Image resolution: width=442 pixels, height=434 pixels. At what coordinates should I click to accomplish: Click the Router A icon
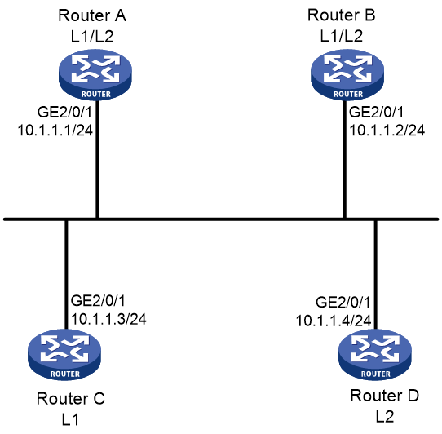95,75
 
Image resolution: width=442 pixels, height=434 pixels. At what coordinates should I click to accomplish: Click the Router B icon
347,75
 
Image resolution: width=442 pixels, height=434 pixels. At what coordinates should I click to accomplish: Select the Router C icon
64,355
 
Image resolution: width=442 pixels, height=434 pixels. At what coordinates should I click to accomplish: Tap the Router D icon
375,355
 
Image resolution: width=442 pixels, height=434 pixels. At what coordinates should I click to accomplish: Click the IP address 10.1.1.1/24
55,131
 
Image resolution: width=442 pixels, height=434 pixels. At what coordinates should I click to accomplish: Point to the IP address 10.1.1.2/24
387,131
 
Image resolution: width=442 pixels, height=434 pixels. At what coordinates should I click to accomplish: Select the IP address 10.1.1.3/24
108,319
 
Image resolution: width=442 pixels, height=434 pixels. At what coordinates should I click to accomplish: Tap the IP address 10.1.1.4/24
334,321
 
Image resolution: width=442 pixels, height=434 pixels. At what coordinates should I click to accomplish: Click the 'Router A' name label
92,15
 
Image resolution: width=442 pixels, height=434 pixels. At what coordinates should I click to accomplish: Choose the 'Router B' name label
342,15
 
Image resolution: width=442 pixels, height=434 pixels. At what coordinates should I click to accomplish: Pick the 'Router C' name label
71,399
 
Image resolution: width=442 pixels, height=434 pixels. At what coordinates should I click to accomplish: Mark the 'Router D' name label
384,396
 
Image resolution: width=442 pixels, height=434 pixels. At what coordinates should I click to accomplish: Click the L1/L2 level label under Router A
92,37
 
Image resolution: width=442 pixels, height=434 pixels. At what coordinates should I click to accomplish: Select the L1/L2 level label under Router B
342,36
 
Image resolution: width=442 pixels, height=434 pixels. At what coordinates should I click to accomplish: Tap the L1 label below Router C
70,419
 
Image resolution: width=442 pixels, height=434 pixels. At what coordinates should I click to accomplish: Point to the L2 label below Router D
384,417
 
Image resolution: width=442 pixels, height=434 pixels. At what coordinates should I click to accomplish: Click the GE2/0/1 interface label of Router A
65,113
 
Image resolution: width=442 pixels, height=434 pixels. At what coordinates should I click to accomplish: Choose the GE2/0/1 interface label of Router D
343,303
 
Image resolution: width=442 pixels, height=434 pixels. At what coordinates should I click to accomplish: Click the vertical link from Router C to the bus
66,274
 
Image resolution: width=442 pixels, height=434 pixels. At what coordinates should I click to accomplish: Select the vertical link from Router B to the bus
344,159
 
